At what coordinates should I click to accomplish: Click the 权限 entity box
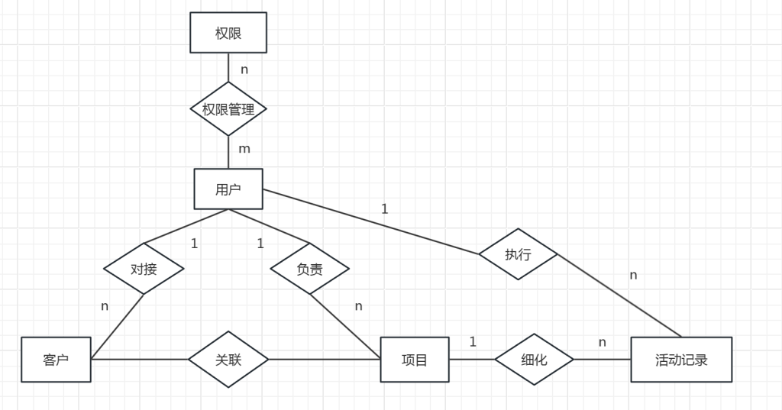pos(228,33)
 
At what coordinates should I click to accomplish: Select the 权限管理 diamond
pos(228,109)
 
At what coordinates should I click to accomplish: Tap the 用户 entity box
pos(228,189)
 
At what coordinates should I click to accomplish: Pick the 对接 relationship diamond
pos(144,269)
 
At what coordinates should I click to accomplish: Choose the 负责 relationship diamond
pos(309,269)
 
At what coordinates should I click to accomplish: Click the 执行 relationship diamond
pos(518,254)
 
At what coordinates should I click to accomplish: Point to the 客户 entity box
pos(57,359)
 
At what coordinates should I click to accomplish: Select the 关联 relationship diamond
pos(228,359)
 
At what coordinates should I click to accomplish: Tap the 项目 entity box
pos(415,359)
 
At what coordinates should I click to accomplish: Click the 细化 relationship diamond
pos(534,359)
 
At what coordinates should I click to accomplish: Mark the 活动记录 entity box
pos(681,359)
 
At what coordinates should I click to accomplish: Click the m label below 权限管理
pos(244,149)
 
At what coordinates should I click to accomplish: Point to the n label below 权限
pos(244,69)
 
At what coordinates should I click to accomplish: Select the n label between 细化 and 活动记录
pos(602,342)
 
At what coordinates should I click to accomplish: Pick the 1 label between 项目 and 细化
pos(473,342)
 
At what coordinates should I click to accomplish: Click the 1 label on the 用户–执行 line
pos(384,208)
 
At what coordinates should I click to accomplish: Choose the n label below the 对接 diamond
pos(105,306)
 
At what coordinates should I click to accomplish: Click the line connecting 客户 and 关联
pos(141,359)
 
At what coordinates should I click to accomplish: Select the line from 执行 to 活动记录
pos(619,295)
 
